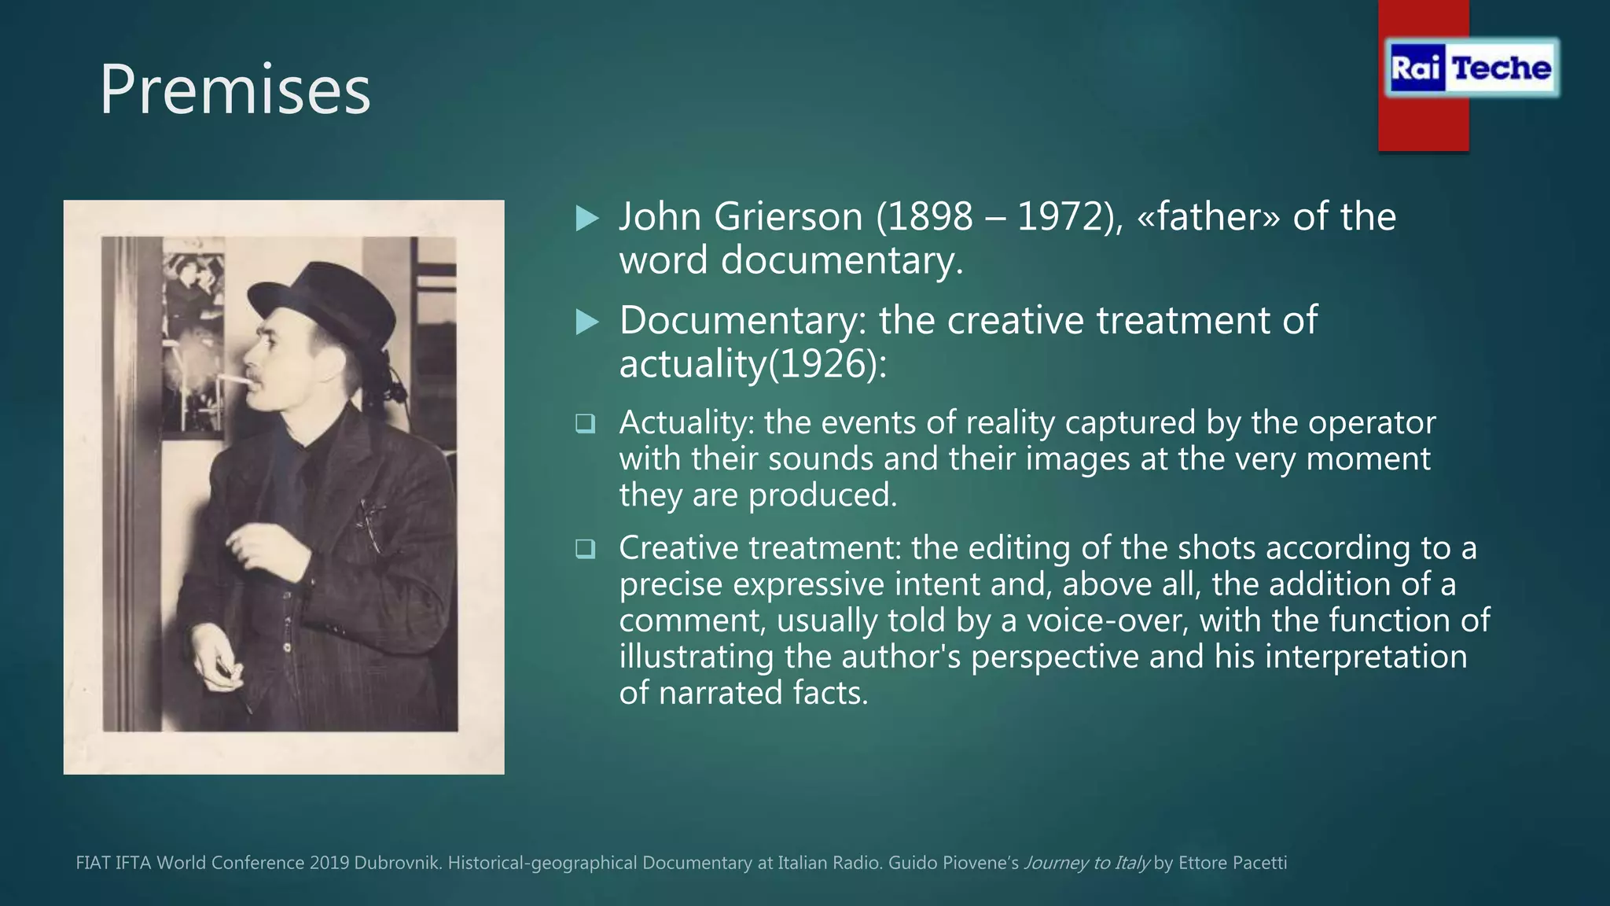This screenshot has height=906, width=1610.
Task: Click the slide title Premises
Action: pos(234,90)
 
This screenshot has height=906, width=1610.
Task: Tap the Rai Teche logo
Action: pos(1471,68)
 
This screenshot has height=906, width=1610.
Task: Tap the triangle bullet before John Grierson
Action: pos(587,219)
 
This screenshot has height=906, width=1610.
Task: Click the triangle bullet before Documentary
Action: pos(587,322)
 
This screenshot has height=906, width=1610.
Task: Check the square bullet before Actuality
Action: pos(585,424)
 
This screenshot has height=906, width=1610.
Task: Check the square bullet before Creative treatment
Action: pos(585,548)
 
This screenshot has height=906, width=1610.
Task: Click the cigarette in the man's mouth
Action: pos(233,380)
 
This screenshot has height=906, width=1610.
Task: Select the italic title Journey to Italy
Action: pos(1086,863)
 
